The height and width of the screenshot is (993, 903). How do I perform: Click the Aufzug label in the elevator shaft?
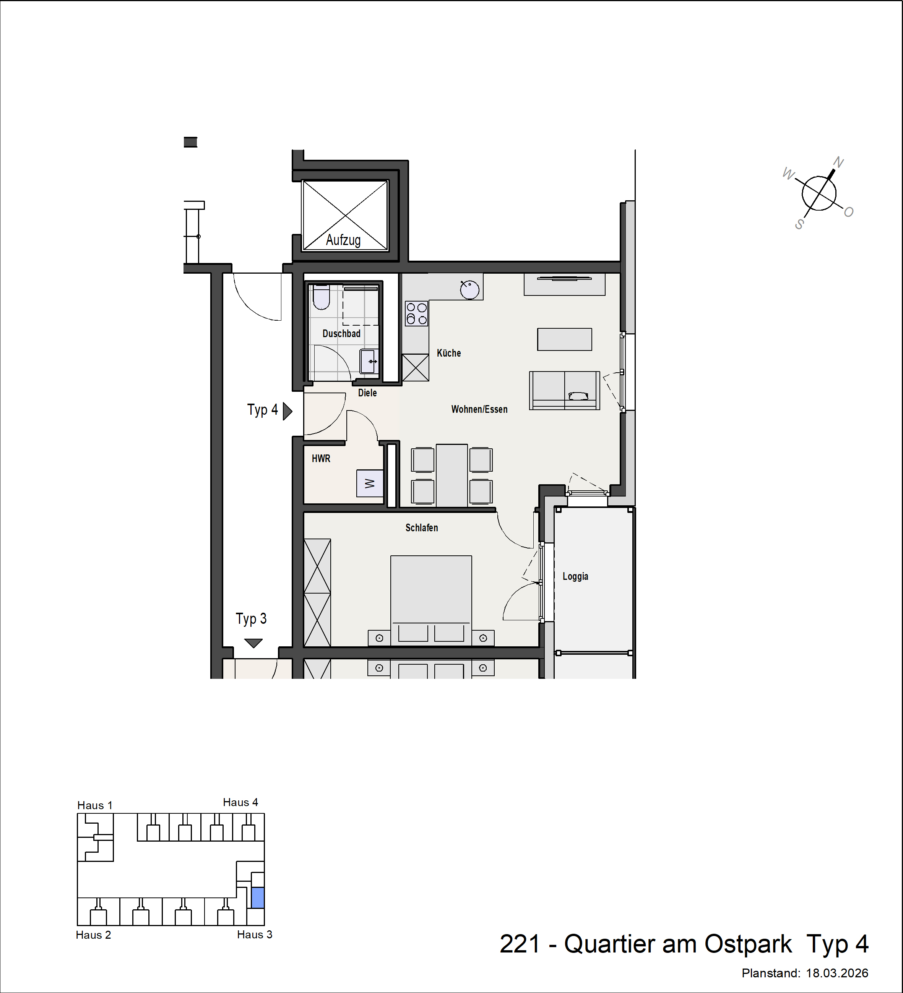(x=343, y=240)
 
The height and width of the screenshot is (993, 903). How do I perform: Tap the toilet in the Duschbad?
(x=321, y=297)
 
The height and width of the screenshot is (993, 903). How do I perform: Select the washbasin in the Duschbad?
(x=369, y=362)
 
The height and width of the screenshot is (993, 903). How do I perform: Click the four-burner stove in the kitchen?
(x=417, y=314)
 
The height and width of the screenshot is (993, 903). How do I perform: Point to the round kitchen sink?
(x=469, y=290)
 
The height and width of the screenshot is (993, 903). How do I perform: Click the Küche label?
(x=449, y=353)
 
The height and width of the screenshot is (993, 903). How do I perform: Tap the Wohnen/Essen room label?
(x=479, y=409)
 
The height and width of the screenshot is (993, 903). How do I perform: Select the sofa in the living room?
(x=565, y=391)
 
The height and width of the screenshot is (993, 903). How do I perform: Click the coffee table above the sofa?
(x=565, y=339)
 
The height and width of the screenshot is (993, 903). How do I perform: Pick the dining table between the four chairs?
(x=452, y=475)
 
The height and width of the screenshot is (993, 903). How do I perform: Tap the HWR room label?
(x=321, y=459)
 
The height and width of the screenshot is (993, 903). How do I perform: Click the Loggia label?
(x=575, y=576)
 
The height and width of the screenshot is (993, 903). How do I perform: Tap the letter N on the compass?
(x=838, y=162)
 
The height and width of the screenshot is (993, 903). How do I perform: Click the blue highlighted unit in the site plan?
(x=258, y=898)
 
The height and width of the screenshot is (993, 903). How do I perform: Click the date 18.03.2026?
(x=837, y=973)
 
